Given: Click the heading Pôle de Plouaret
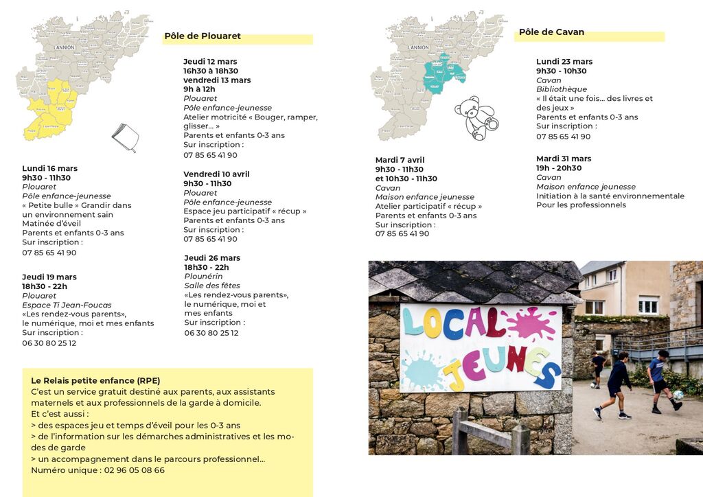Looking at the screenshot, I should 203,36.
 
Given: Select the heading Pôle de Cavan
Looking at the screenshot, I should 551,32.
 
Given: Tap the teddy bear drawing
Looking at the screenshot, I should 476,117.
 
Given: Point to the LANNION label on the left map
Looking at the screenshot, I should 65,47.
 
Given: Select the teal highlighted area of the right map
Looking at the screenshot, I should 440,73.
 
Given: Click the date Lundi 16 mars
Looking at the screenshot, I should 49,168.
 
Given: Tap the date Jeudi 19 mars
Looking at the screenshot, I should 49,277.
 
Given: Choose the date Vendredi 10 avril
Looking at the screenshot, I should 216,174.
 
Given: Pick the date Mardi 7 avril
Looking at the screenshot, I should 400,161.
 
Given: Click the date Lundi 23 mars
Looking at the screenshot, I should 564,62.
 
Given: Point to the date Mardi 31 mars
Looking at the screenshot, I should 563,159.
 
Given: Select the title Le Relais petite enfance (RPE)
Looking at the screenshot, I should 95,380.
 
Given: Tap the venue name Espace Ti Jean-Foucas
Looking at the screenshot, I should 67,305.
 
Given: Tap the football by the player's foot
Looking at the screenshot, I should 678,395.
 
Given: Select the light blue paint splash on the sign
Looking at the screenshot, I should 421,371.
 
